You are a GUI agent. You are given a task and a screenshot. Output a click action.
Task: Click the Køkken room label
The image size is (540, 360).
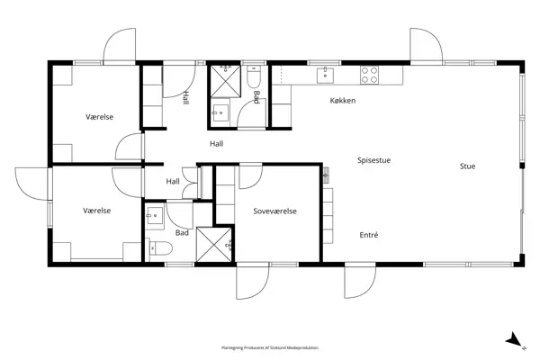click(x=342, y=101)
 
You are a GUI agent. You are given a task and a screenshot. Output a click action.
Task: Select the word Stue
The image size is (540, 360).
click(x=467, y=166)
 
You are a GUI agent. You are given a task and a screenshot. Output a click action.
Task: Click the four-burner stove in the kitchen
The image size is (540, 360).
click(x=370, y=73)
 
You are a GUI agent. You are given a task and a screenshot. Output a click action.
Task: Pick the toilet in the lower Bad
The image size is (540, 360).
click(x=158, y=249)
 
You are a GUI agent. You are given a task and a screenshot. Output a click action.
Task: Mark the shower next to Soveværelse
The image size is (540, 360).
click(x=215, y=243)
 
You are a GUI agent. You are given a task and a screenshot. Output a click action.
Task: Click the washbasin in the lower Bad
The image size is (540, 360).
click(x=153, y=214)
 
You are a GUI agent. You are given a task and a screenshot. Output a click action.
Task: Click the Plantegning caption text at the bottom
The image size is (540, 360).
click(x=270, y=347)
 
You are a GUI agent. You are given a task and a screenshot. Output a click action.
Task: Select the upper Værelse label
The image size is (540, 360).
click(x=99, y=117)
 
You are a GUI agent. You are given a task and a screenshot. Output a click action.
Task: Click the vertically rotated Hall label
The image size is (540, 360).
click(x=186, y=97)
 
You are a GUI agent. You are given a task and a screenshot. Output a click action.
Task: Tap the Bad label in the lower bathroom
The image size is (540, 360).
click(x=182, y=232)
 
